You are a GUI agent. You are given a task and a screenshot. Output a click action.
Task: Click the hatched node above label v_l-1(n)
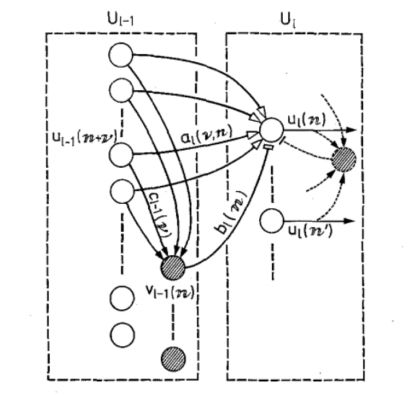pos(173,267)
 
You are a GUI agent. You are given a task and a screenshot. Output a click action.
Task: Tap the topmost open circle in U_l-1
pos(121,55)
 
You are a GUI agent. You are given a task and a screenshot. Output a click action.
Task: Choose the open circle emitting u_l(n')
pos(271,222)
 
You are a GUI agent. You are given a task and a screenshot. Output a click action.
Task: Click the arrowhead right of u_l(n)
pos(352,131)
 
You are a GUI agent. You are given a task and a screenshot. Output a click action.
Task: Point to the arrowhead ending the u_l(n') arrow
pos(352,222)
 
